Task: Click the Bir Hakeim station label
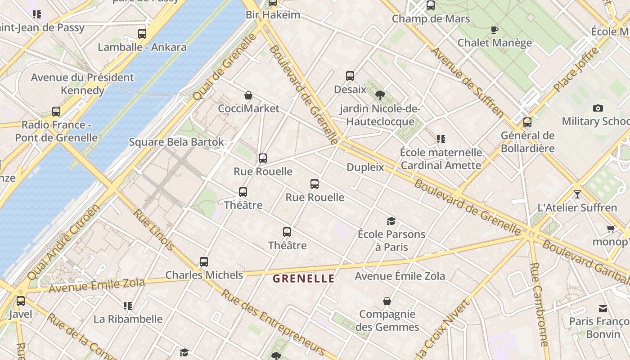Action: [x=273, y=15]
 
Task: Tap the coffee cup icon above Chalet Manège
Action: [x=495, y=30]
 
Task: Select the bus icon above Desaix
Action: [x=350, y=76]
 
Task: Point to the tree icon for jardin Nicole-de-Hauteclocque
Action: [x=380, y=95]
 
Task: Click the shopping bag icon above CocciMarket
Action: [x=248, y=95]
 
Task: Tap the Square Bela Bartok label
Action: [x=176, y=142]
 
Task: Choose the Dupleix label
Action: [x=365, y=167]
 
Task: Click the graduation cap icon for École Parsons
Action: [x=391, y=221]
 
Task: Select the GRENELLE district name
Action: [x=304, y=279]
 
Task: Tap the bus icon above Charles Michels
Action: [x=204, y=262]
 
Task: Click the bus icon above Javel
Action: [x=21, y=301]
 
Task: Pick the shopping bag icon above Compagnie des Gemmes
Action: [x=387, y=301]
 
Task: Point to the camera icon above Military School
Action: [x=598, y=108]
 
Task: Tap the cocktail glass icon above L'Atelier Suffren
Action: [x=577, y=194]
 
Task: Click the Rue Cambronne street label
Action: [x=539, y=303]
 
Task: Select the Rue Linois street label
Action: [x=154, y=229]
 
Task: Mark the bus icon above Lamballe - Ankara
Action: [x=142, y=34]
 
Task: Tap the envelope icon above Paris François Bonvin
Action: [x=603, y=309]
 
